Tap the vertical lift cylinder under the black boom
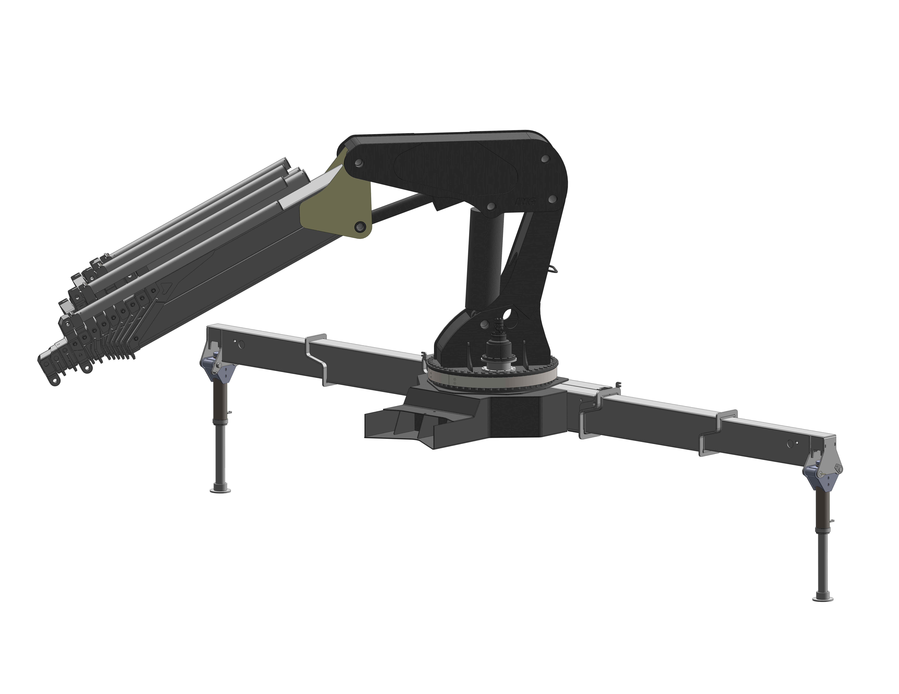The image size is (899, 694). coord(485,263)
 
